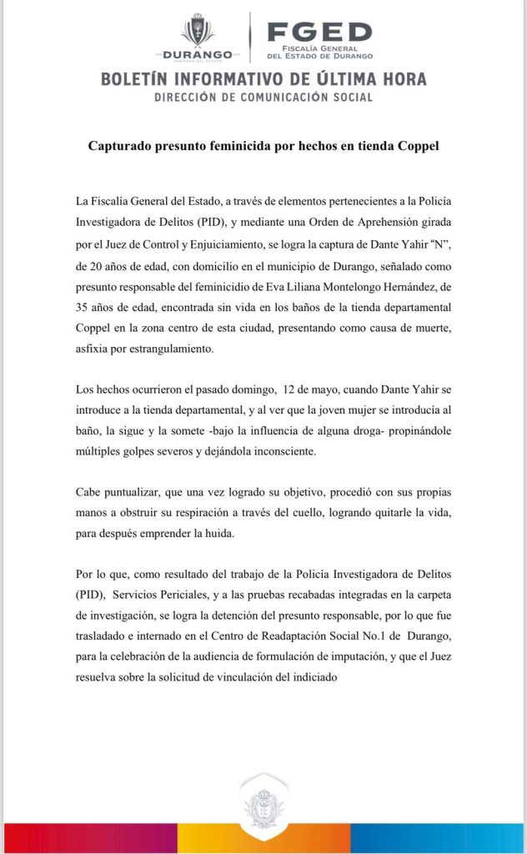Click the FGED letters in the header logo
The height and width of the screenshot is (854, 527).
coord(319,33)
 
